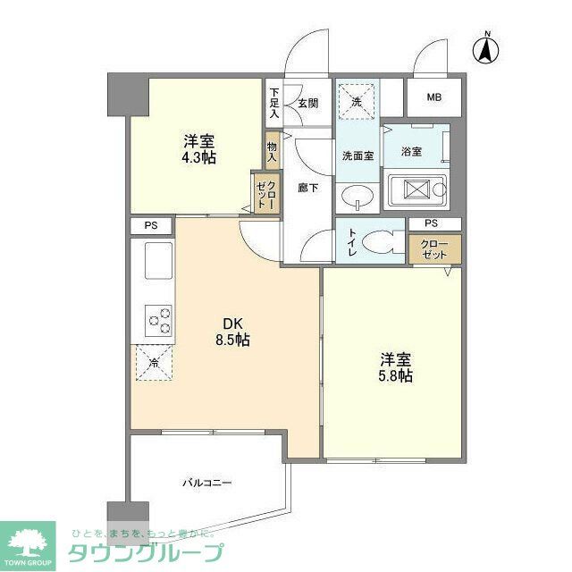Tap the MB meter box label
pyautogui.click(x=433, y=97)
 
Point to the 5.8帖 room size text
pyautogui.click(x=396, y=376)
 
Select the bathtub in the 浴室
pyautogui.click(x=417, y=189)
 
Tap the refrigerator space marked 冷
pyautogui.click(x=154, y=363)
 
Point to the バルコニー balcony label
pyautogui.click(x=207, y=483)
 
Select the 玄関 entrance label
pyautogui.click(x=308, y=103)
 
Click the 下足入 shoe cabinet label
pyautogui.click(x=274, y=102)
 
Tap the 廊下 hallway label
pyautogui.click(x=308, y=187)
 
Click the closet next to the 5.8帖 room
pyautogui.click(x=435, y=249)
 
